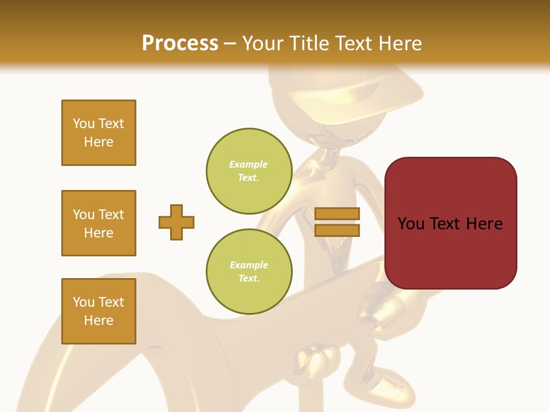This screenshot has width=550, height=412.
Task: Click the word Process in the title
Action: (x=180, y=43)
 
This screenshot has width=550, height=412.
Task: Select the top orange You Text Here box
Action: (x=99, y=133)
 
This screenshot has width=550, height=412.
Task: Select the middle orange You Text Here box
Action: (x=99, y=223)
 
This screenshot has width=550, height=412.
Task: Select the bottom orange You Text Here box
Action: (x=99, y=311)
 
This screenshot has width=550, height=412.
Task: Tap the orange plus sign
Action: (x=176, y=222)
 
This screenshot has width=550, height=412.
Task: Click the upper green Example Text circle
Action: (x=249, y=171)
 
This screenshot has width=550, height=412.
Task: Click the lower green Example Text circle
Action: (x=249, y=272)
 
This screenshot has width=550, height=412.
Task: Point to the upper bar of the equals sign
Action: (x=337, y=214)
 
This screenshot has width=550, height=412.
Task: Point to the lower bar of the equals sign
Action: (x=337, y=230)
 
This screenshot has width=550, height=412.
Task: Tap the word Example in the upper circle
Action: (x=249, y=164)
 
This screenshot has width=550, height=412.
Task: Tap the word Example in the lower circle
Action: (x=249, y=265)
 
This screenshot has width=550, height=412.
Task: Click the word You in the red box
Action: (x=410, y=224)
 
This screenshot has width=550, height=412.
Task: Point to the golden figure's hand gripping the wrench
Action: (x=313, y=358)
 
